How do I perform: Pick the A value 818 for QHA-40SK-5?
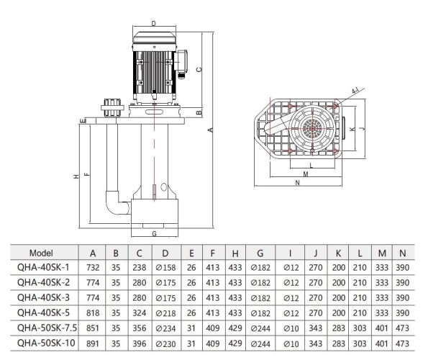click(93, 313)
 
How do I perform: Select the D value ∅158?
click(165, 266)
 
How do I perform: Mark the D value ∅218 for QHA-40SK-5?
click(165, 313)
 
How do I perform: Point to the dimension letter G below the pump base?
click(154, 234)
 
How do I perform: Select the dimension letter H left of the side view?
click(76, 176)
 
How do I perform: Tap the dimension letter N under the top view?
click(297, 183)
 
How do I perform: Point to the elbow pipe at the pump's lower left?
click(114, 201)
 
